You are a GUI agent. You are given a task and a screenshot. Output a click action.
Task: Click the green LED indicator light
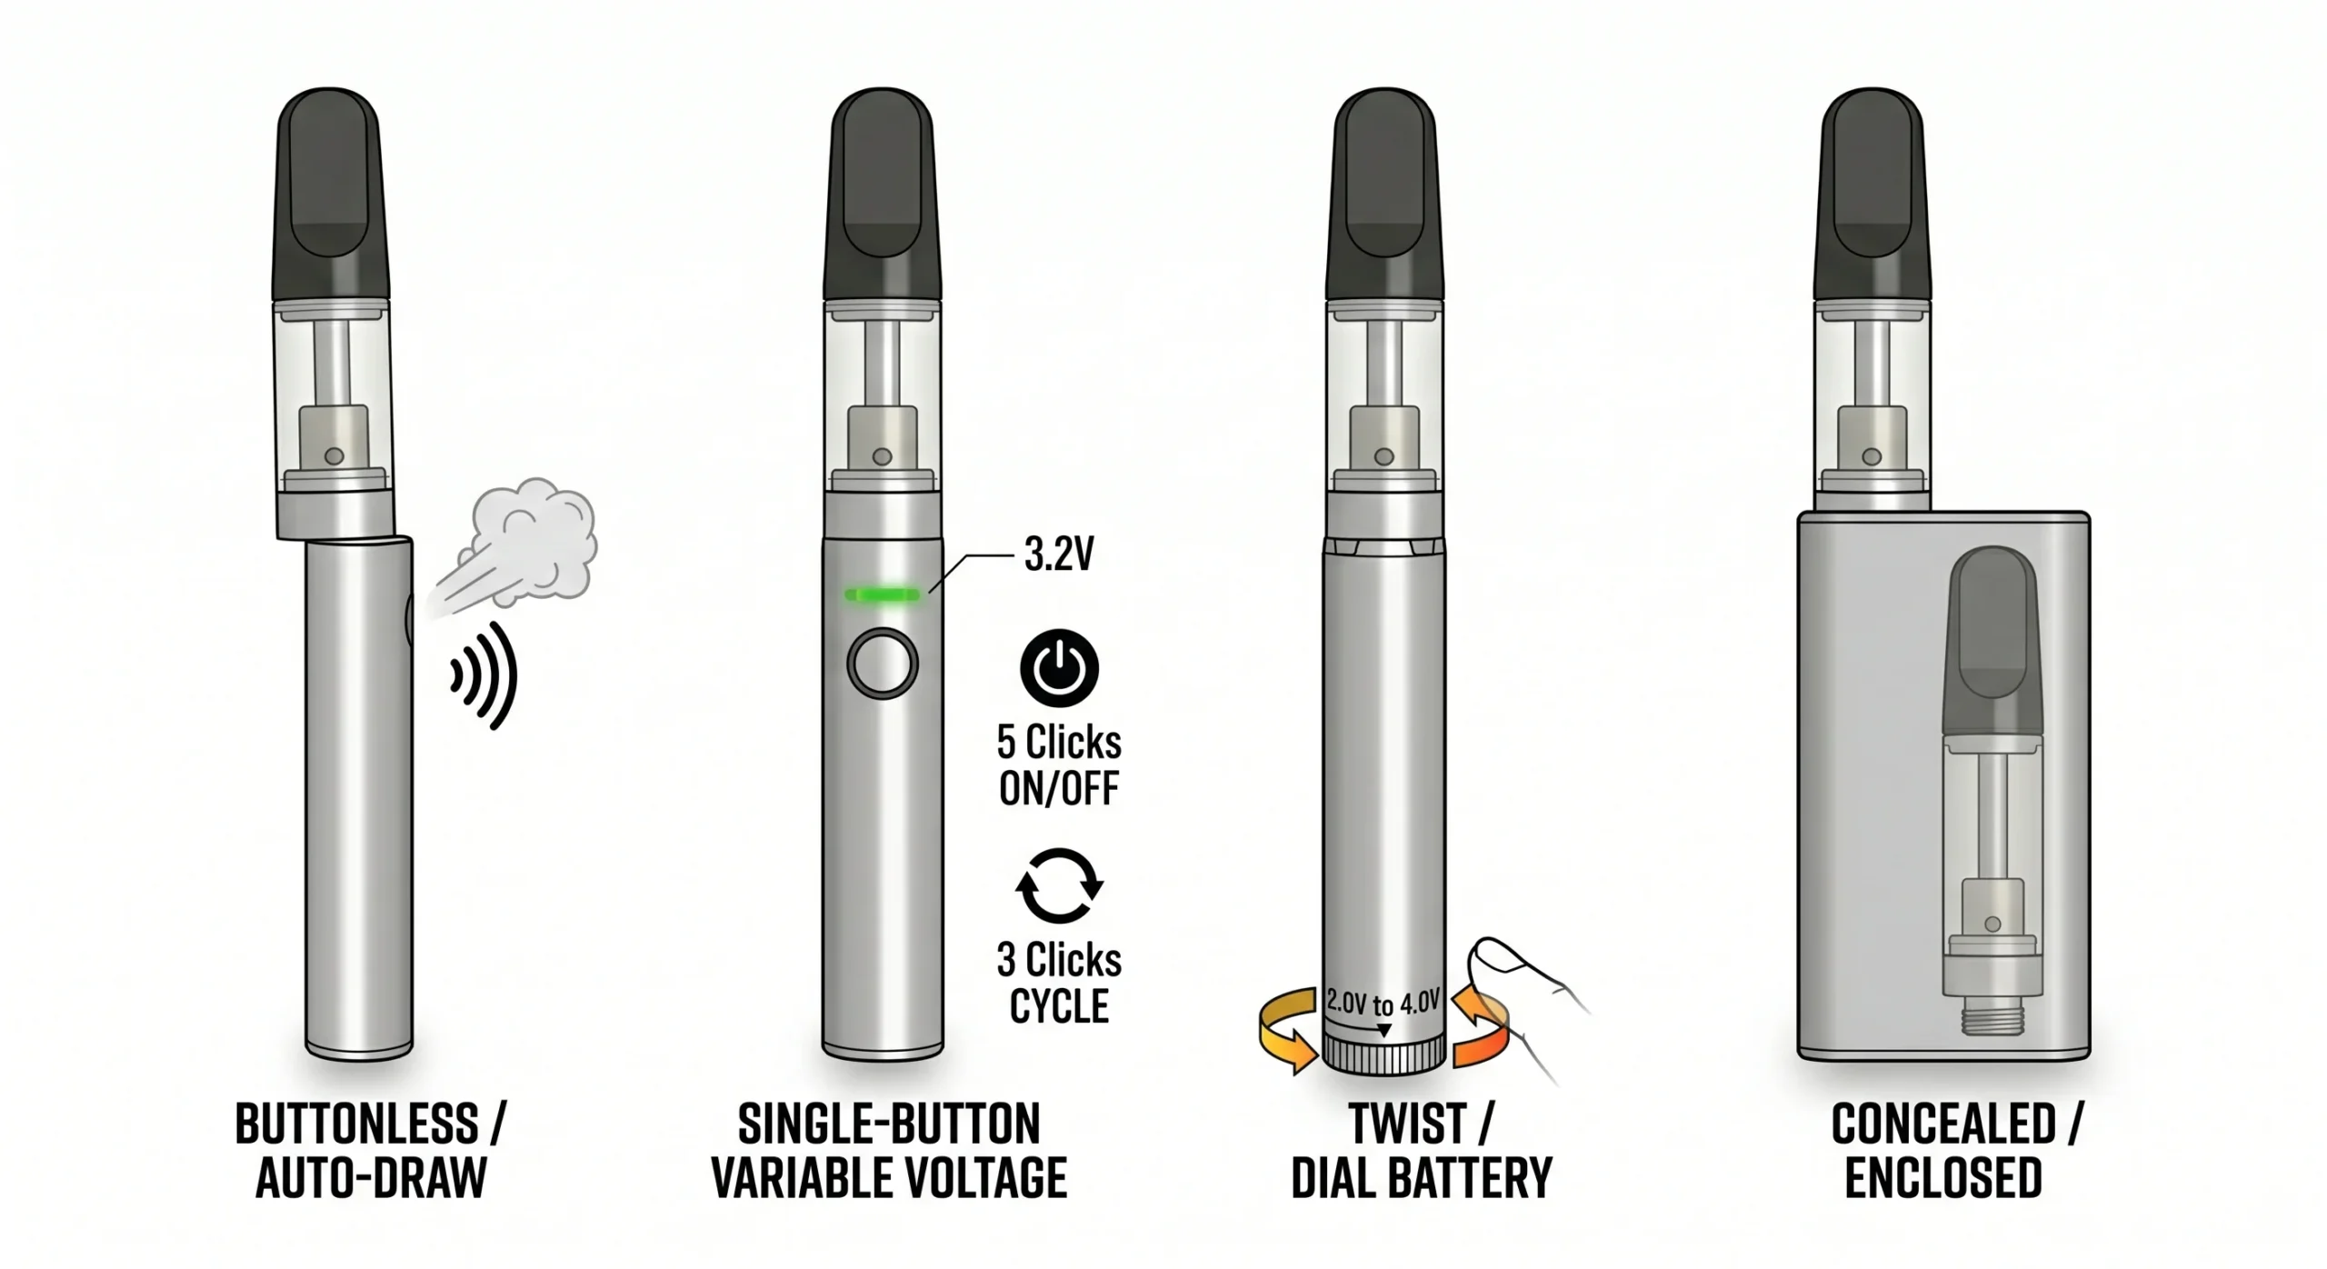(x=882, y=595)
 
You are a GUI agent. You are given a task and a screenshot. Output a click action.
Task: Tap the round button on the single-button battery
(x=882, y=664)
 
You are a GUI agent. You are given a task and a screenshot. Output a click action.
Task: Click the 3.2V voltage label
(x=1058, y=555)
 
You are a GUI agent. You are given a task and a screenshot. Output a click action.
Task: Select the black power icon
(x=1059, y=668)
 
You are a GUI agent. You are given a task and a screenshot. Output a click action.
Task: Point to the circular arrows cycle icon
(x=1059, y=885)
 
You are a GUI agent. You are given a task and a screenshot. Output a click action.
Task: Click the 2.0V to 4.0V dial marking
(x=1383, y=1003)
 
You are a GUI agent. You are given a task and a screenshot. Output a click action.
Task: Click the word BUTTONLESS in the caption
(x=356, y=1124)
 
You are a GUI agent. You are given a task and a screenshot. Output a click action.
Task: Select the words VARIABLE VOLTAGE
(x=888, y=1178)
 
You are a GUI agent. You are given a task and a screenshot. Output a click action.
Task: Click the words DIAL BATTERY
(x=1421, y=1178)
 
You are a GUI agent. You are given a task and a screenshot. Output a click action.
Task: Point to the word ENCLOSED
(x=1943, y=1178)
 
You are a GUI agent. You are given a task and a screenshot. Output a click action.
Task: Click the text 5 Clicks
(x=1059, y=743)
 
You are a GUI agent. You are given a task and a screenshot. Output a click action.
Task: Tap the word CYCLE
(x=1059, y=1006)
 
